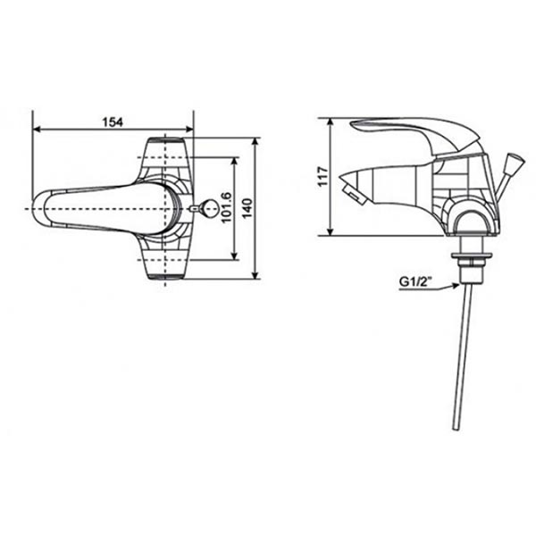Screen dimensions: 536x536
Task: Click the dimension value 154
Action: pyautogui.click(x=112, y=121)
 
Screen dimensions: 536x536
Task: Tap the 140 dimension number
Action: pyautogui.click(x=248, y=209)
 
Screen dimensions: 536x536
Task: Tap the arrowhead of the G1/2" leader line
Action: pyautogui.click(x=456, y=285)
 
